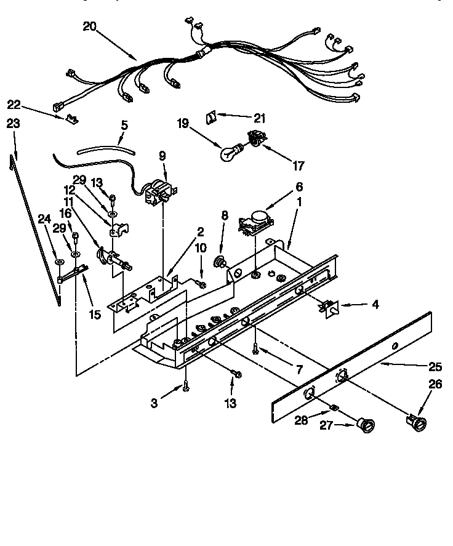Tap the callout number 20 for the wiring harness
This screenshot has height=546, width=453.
[90, 27]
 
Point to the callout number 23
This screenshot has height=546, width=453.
[13, 124]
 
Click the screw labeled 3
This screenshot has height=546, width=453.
[185, 386]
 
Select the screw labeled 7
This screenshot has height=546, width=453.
[255, 350]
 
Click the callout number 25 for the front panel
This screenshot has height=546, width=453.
[435, 367]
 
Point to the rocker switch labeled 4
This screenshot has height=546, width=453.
[331, 305]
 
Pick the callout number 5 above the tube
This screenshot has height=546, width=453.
[124, 125]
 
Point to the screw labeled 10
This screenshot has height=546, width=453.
[201, 282]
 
